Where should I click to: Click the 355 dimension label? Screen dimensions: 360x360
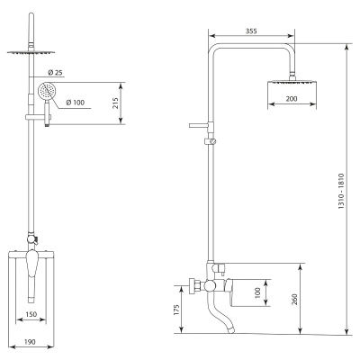pyautogui.click(x=251, y=31)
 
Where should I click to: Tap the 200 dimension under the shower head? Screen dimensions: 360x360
pyautogui.click(x=292, y=99)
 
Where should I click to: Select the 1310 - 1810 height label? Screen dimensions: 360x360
pyautogui.click(x=341, y=192)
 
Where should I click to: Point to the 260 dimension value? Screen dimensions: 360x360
pyautogui.click(x=294, y=300)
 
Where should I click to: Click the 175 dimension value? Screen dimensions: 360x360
pyautogui.click(x=176, y=310)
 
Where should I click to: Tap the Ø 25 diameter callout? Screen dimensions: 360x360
pyautogui.click(x=55, y=72)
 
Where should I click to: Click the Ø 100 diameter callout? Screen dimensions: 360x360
pyautogui.click(x=76, y=103)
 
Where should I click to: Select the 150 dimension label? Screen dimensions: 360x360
pyautogui.click(x=31, y=314)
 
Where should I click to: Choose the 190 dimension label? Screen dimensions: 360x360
pyautogui.click(x=30, y=342)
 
